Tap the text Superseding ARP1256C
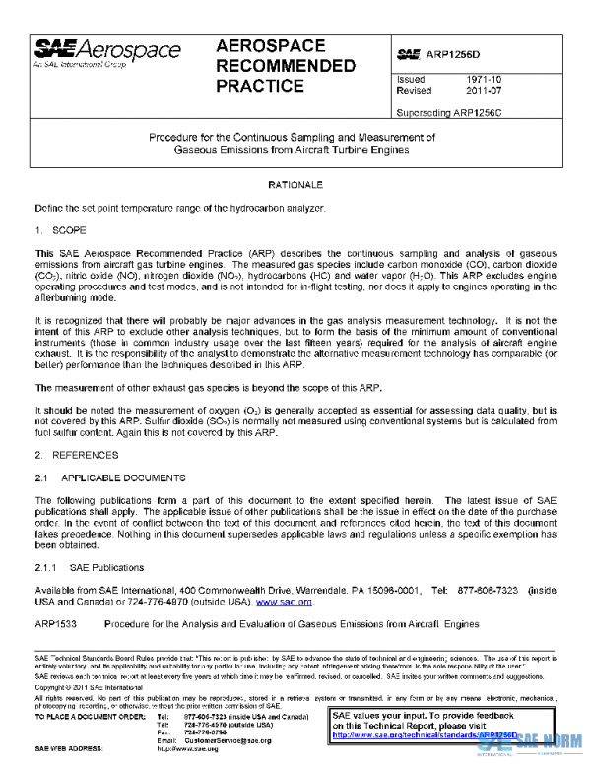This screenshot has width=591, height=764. (447, 112)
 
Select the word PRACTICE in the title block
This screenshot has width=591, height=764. (260, 86)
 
